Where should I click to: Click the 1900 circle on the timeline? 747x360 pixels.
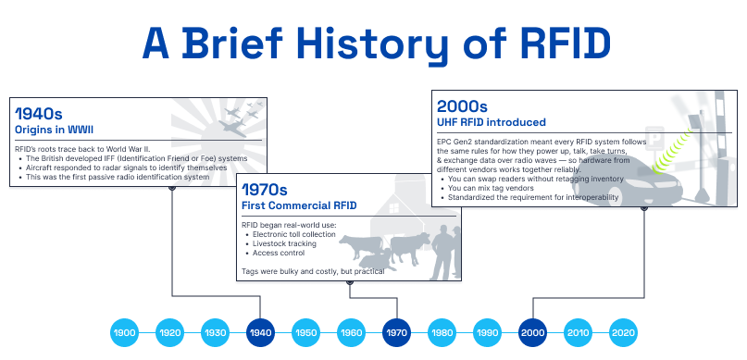(x=124, y=332)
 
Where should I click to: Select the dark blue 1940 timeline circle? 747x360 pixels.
(x=260, y=332)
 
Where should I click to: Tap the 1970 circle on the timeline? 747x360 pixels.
(x=396, y=332)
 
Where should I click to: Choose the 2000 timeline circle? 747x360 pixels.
(x=532, y=332)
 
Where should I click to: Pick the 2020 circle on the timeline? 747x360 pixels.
(x=623, y=332)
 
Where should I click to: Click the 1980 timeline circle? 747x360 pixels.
(x=442, y=332)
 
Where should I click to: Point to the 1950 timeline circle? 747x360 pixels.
(x=305, y=332)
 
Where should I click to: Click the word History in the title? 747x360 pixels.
(x=374, y=44)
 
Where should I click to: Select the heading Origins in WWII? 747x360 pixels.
(x=54, y=130)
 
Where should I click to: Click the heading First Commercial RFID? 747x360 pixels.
(x=299, y=205)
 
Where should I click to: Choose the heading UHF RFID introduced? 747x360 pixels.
(x=492, y=122)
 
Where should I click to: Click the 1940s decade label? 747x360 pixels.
(x=39, y=114)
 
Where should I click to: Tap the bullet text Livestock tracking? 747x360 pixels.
(x=284, y=243)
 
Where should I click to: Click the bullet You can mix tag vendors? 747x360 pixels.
(x=491, y=188)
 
